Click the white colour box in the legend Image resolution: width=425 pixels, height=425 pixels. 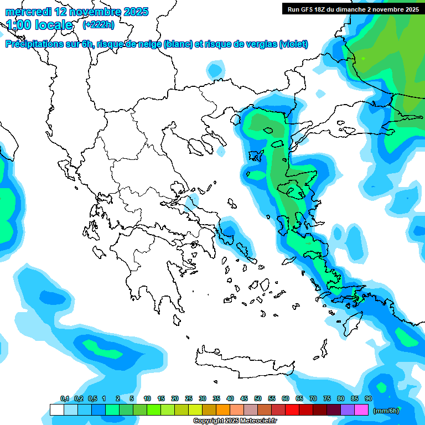click(56, 410)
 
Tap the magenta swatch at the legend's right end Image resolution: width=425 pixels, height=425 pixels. click(361, 410)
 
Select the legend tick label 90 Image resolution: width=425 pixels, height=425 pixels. click(369, 398)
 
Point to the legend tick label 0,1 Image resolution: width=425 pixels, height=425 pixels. click(65, 398)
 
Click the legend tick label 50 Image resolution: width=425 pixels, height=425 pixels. click(258, 398)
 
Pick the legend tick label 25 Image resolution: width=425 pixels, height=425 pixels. click(189, 398)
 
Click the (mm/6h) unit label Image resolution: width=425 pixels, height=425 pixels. click(386, 411)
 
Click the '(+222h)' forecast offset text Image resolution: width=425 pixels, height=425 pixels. click(99, 25)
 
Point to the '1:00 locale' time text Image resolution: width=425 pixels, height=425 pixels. click(40, 25)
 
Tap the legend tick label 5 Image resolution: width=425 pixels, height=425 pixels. click(132, 398)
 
